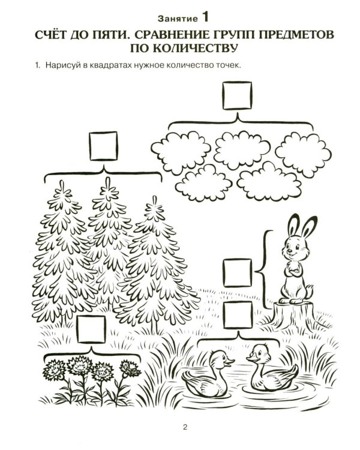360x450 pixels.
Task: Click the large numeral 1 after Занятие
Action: (205, 17)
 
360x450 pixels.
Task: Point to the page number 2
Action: (185, 427)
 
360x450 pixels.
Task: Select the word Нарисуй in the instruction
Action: (60, 65)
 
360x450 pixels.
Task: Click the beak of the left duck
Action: (230, 361)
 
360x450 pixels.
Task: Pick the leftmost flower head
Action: (54, 371)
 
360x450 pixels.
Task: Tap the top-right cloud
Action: (303, 154)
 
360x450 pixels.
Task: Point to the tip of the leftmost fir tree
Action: (61, 181)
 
